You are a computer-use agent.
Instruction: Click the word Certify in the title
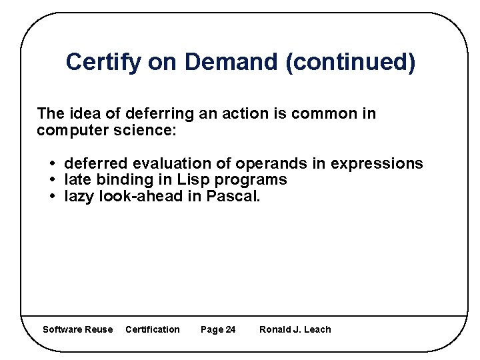[x=103, y=63]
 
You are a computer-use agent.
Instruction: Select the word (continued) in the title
[x=350, y=63]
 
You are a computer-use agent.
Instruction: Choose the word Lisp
[x=191, y=180]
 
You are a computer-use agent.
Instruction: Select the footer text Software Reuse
[x=77, y=329]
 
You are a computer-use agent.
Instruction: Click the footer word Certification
[x=153, y=329]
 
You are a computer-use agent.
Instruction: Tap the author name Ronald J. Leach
[x=295, y=329]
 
